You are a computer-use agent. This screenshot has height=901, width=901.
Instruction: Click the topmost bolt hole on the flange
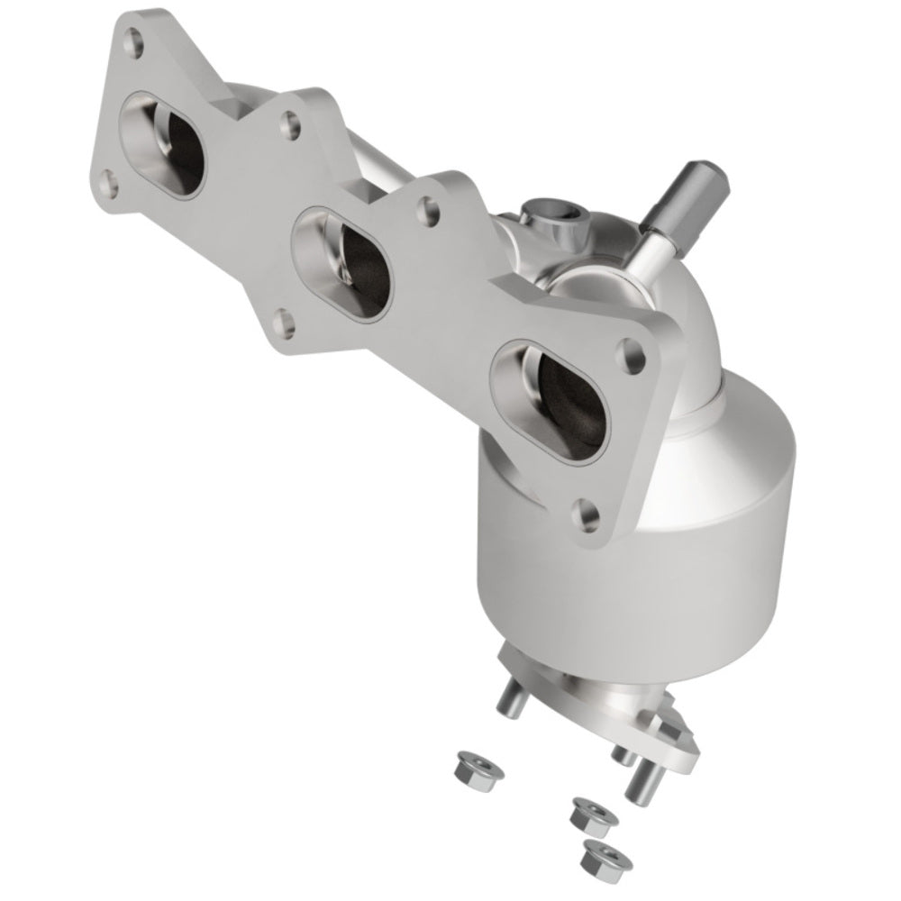pos(134,40)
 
